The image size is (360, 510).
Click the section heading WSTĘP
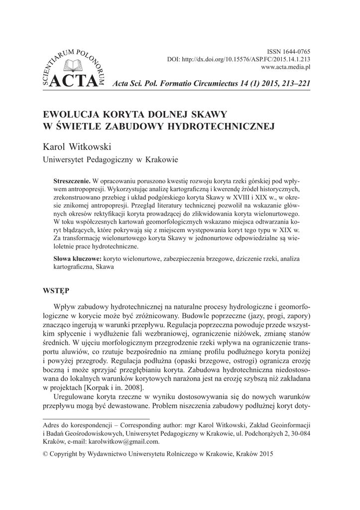(x=56, y=289)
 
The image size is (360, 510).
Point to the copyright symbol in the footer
(x=46, y=454)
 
